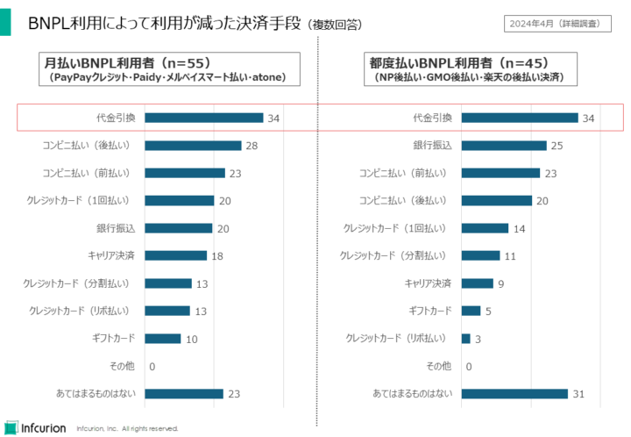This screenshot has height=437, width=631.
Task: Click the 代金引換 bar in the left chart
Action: (x=203, y=118)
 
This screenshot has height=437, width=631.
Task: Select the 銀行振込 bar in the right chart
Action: (x=503, y=146)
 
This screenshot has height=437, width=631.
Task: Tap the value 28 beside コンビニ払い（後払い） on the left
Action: (x=251, y=146)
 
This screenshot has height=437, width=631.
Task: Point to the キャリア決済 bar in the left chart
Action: (x=175, y=255)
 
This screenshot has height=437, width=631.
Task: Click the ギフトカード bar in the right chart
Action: (x=471, y=311)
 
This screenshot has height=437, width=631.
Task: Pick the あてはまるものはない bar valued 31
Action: (x=514, y=394)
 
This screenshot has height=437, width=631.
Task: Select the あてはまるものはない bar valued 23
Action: (x=184, y=394)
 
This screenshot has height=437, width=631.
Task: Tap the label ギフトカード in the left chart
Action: (x=113, y=338)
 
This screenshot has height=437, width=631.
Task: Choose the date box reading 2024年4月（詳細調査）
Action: (x=560, y=23)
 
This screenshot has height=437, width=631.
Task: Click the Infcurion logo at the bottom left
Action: (x=36, y=427)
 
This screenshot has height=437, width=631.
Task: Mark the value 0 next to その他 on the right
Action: (x=468, y=367)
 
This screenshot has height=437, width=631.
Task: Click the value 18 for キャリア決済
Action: (x=216, y=255)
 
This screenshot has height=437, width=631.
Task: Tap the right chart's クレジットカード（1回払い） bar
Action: (x=485, y=228)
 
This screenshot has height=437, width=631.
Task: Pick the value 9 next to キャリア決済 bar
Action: (x=500, y=283)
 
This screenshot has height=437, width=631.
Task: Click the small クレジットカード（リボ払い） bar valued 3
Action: (x=465, y=338)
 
